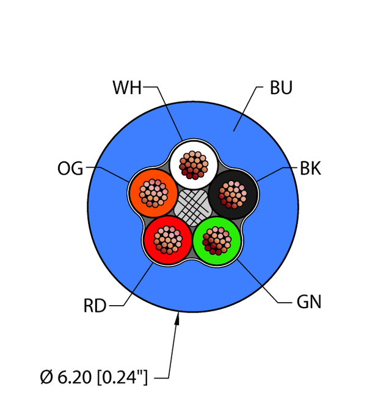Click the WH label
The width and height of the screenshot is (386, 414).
coord(126,88)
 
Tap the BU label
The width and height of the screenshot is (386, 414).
coord(281,88)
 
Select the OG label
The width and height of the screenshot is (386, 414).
coord(70,168)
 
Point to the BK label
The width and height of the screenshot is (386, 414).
coord(310,168)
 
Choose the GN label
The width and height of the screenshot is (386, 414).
coord(309,302)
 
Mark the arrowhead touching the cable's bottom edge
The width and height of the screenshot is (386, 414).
coord(178,317)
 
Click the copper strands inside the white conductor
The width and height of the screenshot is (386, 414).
coord(194,164)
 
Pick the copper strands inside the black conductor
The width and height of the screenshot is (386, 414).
coord(233,194)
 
